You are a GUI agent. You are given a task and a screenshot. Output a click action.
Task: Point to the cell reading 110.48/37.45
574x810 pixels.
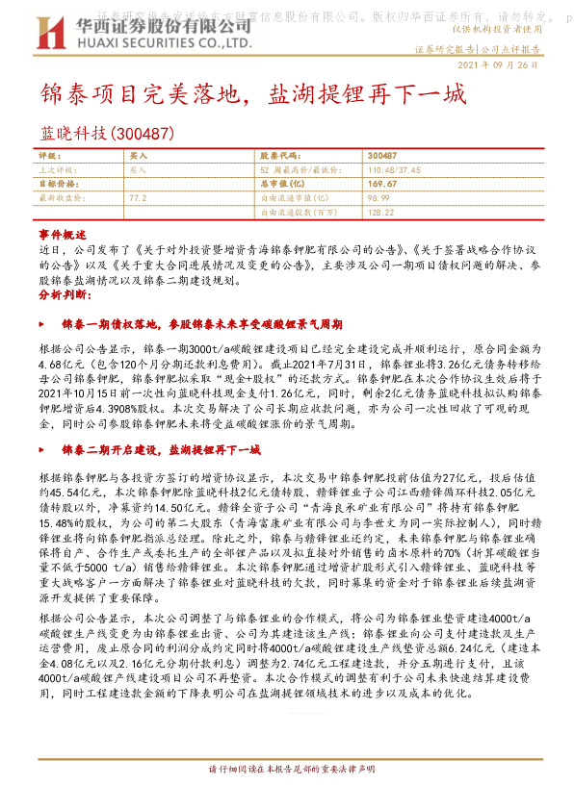pyautogui.click(x=397, y=168)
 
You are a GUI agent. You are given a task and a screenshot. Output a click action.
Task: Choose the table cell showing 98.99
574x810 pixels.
pyautogui.click(x=378, y=195)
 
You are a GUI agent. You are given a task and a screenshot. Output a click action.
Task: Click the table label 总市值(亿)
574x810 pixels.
pyautogui.click(x=282, y=182)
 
